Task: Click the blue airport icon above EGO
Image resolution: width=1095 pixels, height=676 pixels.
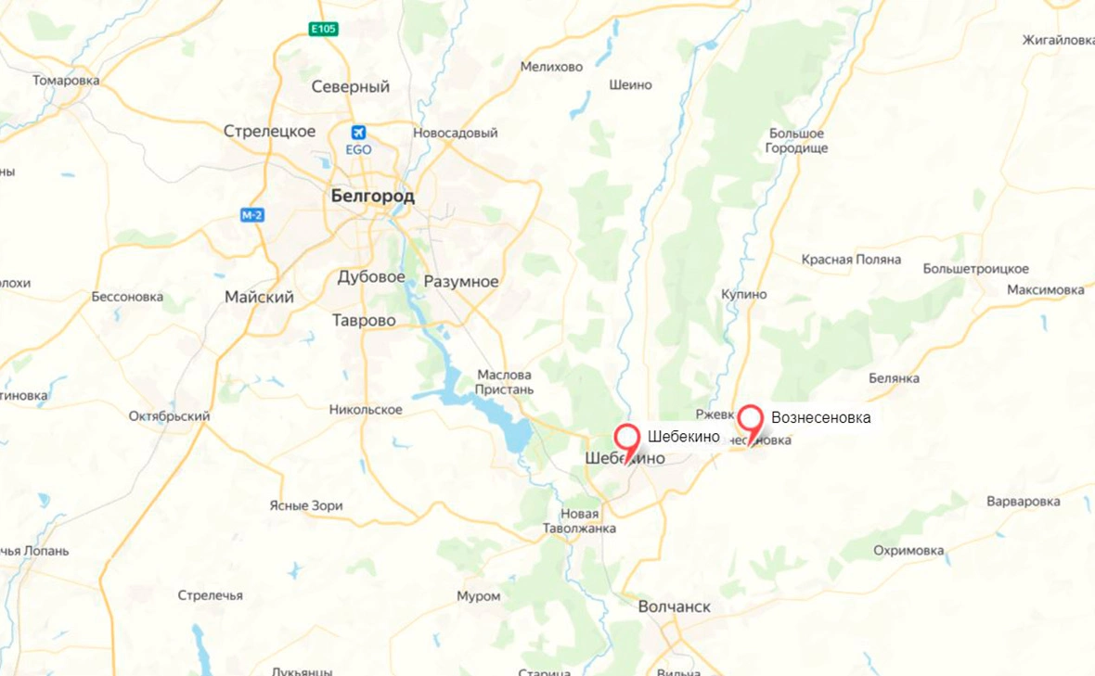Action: pos(359,133)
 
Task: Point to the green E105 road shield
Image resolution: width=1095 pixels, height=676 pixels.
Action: pos(324,30)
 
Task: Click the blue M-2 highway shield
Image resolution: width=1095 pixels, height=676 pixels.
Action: pos(252,215)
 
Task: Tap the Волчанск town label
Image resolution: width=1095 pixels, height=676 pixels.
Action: pos(675,606)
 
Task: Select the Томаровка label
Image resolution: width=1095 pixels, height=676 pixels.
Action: pos(66,81)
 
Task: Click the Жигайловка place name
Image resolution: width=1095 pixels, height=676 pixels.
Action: pos(1058,40)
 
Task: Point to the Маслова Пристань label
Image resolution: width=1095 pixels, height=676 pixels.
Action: pos(506,382)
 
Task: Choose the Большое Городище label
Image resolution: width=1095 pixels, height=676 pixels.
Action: pos(795,141)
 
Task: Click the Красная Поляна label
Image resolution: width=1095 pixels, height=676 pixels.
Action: pos(851,260)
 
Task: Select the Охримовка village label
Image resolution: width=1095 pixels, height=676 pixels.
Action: pos(908,550)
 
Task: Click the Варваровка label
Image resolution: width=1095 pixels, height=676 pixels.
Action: pos(1023,502)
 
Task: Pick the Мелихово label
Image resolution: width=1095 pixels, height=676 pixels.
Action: pos(551,67)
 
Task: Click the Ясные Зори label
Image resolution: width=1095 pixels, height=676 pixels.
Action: pos(306,505)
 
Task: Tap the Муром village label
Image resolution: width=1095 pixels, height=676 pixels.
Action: pos(478,596)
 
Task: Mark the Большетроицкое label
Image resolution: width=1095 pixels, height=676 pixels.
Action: pos(975,269)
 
